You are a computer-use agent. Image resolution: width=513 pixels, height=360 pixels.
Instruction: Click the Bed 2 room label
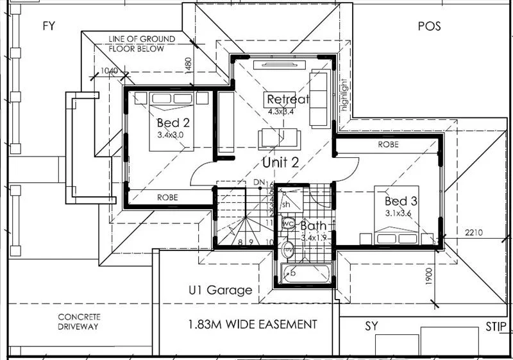172,123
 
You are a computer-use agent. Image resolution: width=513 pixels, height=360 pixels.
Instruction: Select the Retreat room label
288,99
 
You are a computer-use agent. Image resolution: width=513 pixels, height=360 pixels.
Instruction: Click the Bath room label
314,226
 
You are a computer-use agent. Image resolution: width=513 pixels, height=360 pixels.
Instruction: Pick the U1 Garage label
220,290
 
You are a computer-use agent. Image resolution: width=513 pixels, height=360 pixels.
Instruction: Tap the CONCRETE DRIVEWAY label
78,321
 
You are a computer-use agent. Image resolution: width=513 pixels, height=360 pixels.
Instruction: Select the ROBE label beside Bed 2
167,198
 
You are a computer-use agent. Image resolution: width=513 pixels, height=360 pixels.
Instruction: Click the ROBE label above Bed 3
388,145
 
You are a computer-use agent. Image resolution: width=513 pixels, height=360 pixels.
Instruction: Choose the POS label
430,26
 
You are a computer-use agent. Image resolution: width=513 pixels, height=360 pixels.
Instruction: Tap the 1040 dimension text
110,72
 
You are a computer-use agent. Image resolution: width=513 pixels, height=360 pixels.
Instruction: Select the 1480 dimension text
188,67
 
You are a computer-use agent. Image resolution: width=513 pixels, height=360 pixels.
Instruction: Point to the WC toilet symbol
288,224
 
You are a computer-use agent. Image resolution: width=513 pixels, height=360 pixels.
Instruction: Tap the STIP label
496,325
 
